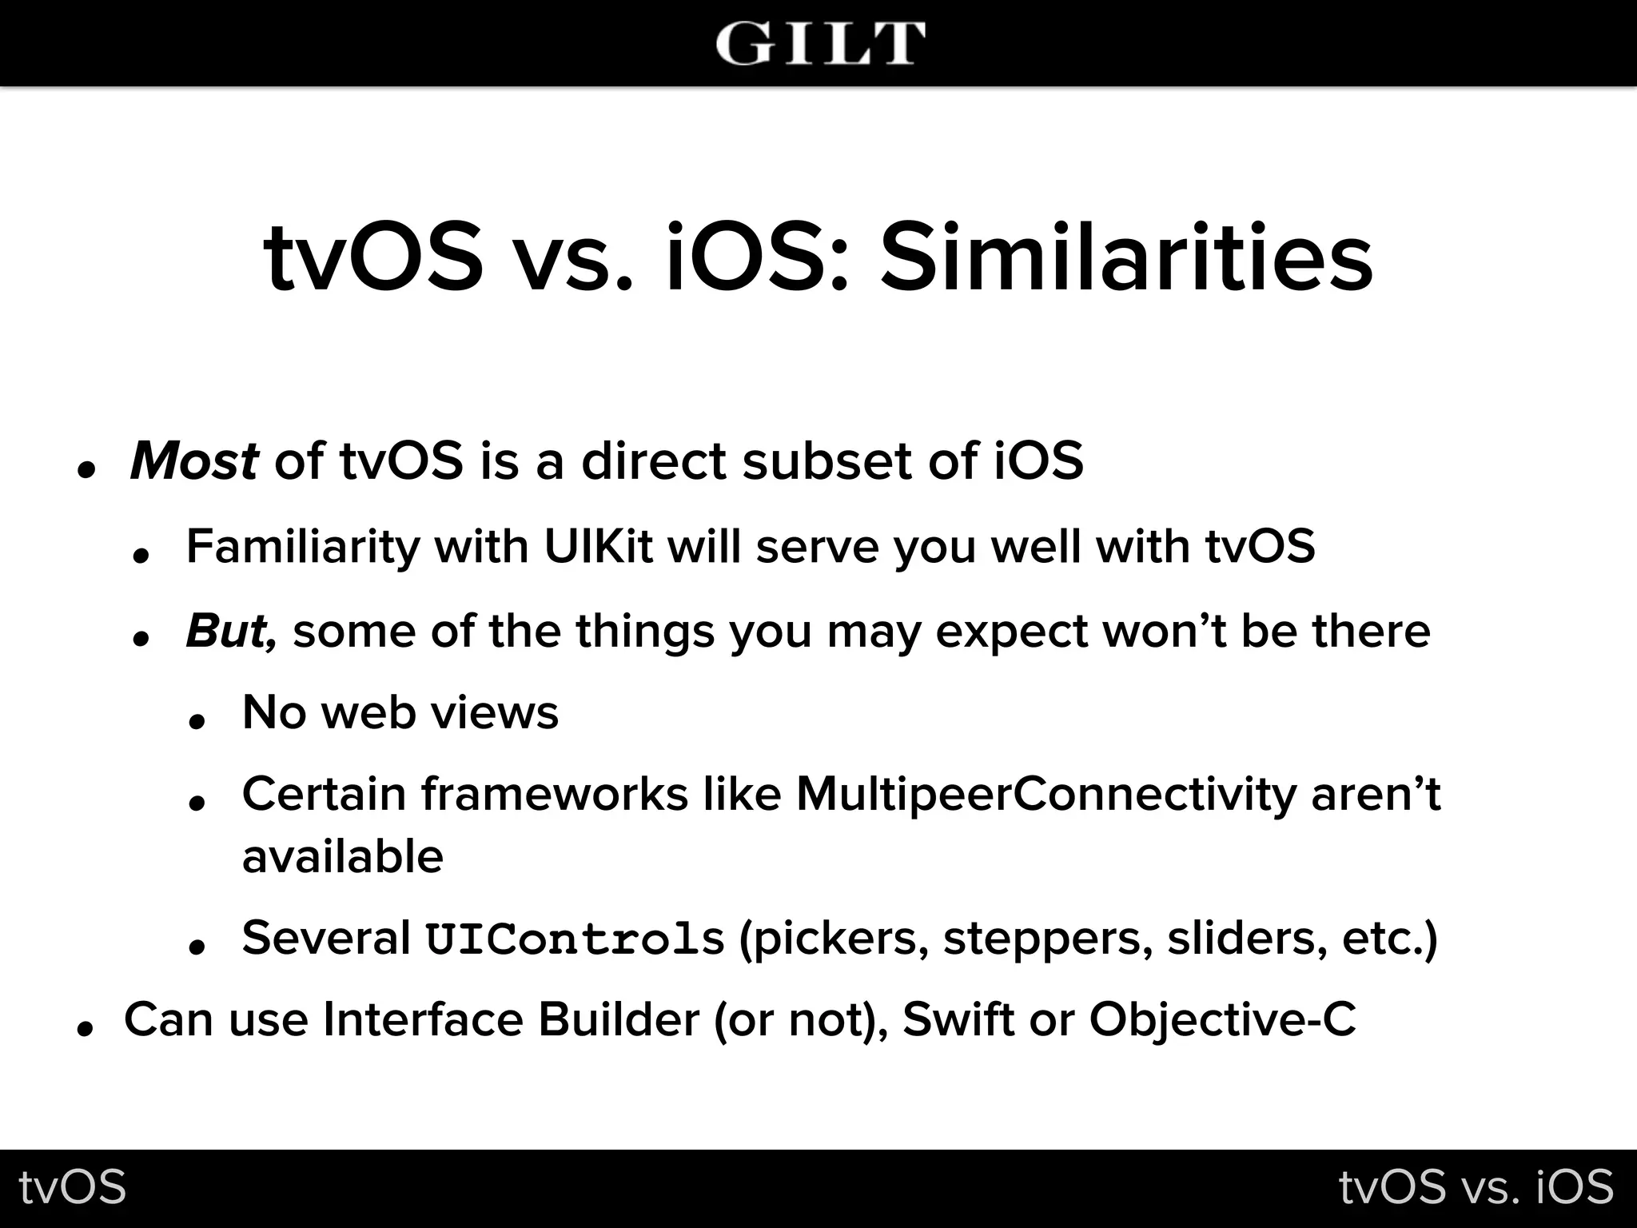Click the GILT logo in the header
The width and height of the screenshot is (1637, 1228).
click(x=820, y=43)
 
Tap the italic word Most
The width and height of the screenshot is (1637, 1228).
click(x=194, y=461)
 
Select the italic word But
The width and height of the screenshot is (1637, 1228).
click(x=230, y=631)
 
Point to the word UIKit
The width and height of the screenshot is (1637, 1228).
click(x=598, y=547)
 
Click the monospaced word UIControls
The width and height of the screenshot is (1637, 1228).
click(x=574, y=939)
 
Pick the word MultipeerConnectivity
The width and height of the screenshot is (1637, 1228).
click(x=1046, y=795)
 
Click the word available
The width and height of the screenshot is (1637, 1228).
click(x=342, y=857)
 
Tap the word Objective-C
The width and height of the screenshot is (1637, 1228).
click(x=1222, y=1020)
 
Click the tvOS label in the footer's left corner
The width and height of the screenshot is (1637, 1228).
click(x=73, y=1187)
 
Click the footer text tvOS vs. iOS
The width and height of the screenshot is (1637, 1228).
click(x=1476, y=1187)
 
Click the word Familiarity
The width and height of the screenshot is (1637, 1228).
click(x=302, y=548)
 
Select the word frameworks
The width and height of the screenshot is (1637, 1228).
click(x=554, y=795)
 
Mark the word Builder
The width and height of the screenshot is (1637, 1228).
click(x=618, y=1020)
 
